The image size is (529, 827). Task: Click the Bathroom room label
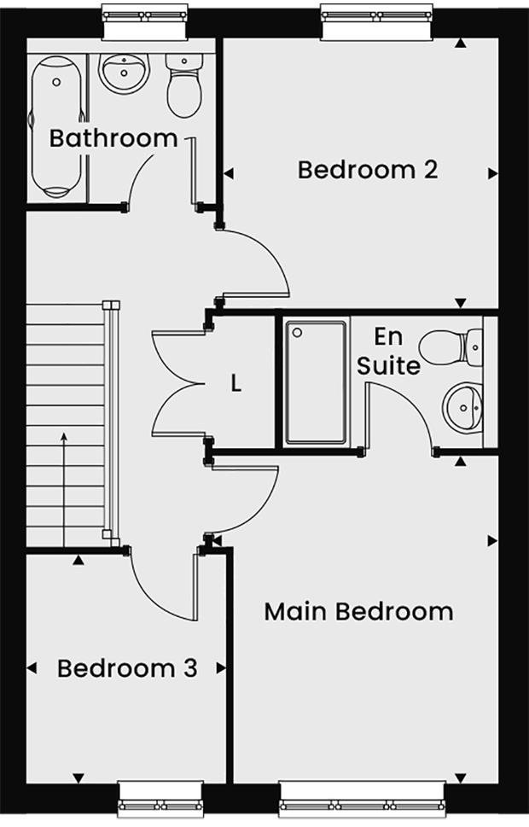(113, 138)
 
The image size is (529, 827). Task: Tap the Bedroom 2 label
(368, 169)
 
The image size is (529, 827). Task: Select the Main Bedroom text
(358, 612)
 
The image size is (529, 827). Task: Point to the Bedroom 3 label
(127, 667)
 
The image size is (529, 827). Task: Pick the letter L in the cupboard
(236, 383)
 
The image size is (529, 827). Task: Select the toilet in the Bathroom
(183, 85)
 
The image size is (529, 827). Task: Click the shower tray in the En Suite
(316, 382)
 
